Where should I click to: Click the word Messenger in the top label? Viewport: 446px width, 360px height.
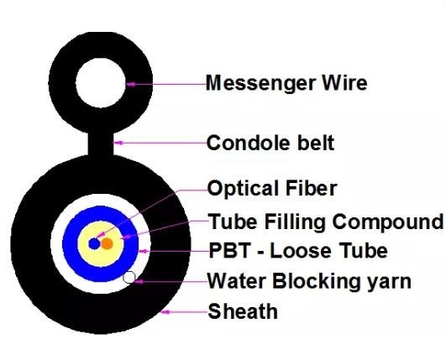pos(260,84)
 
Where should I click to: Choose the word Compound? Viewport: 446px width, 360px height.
pos(388,222)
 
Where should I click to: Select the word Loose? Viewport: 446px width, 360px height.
pos(301,251)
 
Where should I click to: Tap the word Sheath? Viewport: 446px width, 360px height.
pos(243,311)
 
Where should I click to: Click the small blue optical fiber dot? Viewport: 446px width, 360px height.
pos(94,244)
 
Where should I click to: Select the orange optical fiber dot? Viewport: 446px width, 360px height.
pos(107,244)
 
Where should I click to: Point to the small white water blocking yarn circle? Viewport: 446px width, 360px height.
pos(129,277)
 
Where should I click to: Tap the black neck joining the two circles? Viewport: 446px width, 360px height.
pos(101,143)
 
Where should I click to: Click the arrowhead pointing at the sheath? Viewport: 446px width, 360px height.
pos(165,312)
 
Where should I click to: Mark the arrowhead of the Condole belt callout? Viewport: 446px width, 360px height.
pos(118,143)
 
